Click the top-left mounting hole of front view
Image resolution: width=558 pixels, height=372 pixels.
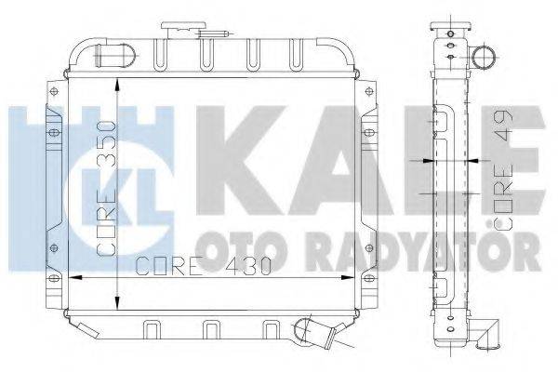tap(54, 91)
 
